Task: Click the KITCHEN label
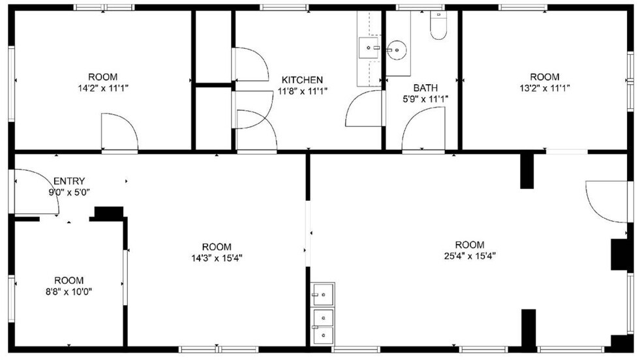click(302, 80)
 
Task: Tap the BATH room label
click(425, 88)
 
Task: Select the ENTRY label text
click(69, 181)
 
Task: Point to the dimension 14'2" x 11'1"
click(103, 88)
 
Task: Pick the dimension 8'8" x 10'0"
click(69, 292)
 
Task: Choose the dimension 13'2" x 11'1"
click(544, 88)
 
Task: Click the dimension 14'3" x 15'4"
click(216, 258)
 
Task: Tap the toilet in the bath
click(438, 25)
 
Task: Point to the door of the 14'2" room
click(119, 132)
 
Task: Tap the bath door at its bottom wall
click(423, 130)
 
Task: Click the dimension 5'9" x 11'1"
click(425, 99)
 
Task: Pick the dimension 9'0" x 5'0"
click(69, 192)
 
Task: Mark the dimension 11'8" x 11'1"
click(302, 91)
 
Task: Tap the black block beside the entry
click(109, 213)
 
